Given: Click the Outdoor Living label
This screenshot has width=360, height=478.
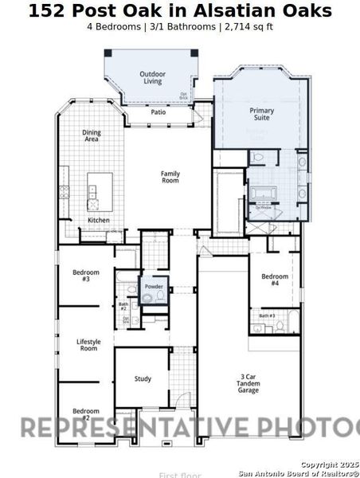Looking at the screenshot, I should tap(152, 77).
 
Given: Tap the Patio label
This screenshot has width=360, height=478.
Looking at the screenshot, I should tap(158, 112).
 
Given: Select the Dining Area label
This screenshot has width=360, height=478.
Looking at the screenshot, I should tap(92, 136).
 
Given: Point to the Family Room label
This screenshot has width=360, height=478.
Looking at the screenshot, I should tap(170, 177).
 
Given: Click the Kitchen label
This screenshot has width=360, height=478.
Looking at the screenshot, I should tap(99, 220).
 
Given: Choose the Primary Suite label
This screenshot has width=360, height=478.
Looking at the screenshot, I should tap(261, 113).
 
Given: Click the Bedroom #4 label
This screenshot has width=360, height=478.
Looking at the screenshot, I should tap(275, 280).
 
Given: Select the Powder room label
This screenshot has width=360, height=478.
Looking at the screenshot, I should tap(154, 287).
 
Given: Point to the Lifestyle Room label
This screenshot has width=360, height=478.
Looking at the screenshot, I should tap(88, 345).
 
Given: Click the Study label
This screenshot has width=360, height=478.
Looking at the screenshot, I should tap(143, 379).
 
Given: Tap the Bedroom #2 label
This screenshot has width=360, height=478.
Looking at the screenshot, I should tap(86, 414).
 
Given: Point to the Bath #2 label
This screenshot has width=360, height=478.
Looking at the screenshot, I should tap(123, 306).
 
